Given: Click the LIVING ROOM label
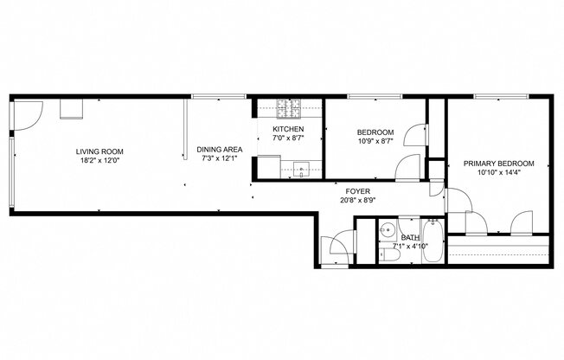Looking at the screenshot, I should click(x=96, y=151).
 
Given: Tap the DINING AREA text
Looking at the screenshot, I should click(x=219, y=149).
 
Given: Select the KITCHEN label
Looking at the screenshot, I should click(x=287, y=129).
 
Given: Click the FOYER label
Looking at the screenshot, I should click(x=358, y=191).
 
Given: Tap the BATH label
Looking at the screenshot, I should click(x=410, y=237).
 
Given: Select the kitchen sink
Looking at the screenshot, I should click(x=301, y=169).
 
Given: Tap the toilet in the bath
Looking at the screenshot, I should click(x=384, y=254).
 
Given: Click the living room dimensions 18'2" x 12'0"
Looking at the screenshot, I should click(x=96, y=159).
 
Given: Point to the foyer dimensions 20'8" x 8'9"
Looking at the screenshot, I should click(x=358, y=201).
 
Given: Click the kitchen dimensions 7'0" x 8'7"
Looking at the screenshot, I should click(x=287, y=138).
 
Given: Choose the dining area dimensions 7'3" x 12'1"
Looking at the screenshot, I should click(x=219, y=158).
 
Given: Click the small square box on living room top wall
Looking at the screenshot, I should click(x=70, y=109).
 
